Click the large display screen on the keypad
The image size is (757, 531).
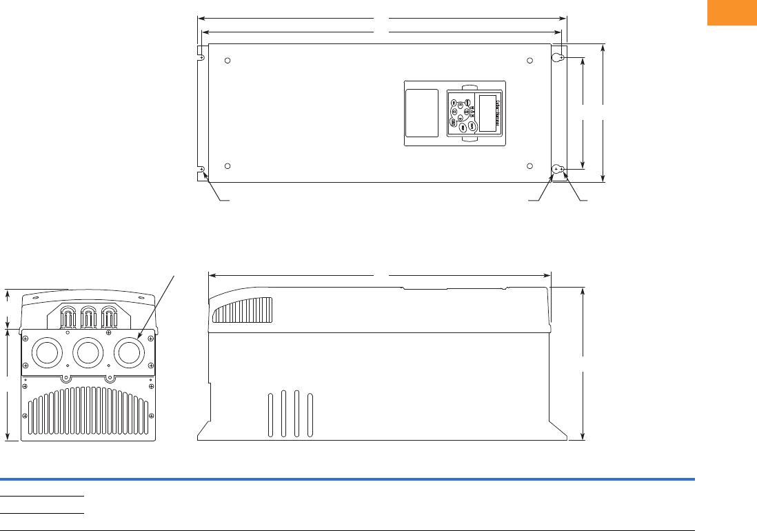(x=489, y=112)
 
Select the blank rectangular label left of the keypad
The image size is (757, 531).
(x=421, y=113)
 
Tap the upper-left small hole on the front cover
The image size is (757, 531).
(x=228, y=61)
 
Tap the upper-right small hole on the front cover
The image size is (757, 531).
(x=529, y=61)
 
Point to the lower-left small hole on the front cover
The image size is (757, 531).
(x=228, y=166)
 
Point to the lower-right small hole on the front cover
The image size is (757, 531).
(x=529, y=166)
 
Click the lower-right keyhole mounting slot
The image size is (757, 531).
(x=558, y=169)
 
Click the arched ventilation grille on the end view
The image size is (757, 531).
(x=88, y=411)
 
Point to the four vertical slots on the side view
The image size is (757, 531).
(x=290, y=414)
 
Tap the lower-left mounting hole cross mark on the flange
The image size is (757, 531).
(x=202, y=169)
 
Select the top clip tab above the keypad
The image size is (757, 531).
(x=468, y=88)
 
